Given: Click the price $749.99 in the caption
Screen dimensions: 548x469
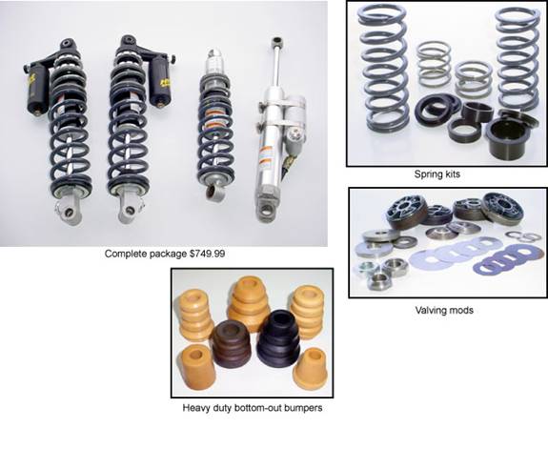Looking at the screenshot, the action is (207, 254).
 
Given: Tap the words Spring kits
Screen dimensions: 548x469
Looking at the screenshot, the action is (436, 174).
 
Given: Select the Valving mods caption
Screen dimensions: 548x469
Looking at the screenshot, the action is (444, 310).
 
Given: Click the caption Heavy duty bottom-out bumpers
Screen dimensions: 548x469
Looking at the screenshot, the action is (253, 408).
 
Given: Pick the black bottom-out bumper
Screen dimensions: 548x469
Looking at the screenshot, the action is (278, 339).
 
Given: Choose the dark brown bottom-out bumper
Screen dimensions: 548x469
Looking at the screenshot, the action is (232, 344).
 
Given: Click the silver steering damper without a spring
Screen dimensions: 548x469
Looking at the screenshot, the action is (278, 131).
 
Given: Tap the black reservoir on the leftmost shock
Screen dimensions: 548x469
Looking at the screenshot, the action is (38, 89).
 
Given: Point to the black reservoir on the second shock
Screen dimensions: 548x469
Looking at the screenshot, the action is (160, 80).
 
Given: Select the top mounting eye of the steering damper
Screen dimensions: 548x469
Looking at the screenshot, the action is (277, 41).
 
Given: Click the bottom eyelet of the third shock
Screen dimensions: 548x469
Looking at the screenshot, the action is (211, 192).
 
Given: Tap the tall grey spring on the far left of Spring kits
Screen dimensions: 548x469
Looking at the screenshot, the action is (386, 68).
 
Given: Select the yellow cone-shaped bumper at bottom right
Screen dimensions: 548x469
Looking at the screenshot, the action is (311, 370).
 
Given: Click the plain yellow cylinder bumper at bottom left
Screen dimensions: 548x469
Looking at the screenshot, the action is (198, 367).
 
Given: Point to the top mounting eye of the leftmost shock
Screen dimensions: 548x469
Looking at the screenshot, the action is (67, 44).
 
